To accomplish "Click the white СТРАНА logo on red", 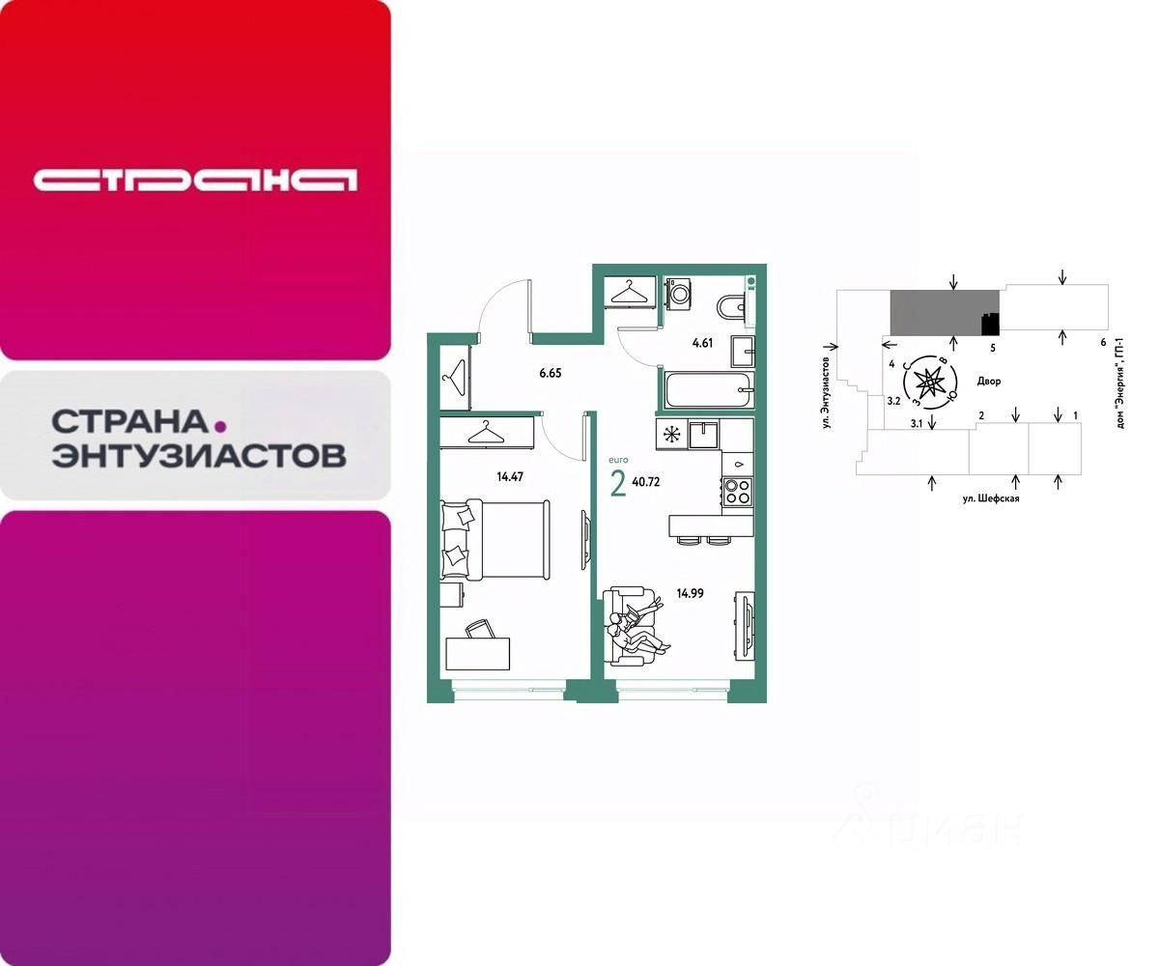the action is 195,180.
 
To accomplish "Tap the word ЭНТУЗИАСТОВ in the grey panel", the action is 198,455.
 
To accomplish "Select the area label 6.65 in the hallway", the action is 550,372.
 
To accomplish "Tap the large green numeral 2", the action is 618,483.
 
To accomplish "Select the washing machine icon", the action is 678,293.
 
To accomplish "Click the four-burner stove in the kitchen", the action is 738,493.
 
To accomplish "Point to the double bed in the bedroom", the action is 495,539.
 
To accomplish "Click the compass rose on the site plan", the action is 930,382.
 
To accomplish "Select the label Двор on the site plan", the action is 988,381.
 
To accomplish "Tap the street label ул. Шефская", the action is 990,498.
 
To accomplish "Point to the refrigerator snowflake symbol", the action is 668,434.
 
